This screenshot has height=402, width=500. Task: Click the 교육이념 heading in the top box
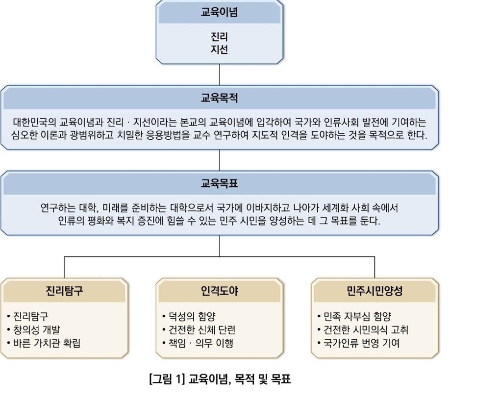click(x=220, y=12)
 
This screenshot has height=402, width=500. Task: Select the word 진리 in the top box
click(x=220, y=37)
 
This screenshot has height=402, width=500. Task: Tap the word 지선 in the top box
click(x=220, y=50)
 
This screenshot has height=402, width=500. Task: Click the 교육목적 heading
click(x=220, y=98)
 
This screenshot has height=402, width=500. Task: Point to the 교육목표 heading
click(x=220, y=183)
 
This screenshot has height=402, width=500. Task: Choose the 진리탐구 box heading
click(x=64, y=290)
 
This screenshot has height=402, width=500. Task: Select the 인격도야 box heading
click(x=220, y=290)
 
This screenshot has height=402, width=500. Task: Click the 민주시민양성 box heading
click(x=375, y=290)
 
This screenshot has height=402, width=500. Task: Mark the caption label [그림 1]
click(x=167, y=379)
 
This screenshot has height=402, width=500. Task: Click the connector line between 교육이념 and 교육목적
click(x=220, y=75)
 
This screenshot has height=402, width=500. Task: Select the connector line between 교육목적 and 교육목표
click(x=220, y=160)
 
